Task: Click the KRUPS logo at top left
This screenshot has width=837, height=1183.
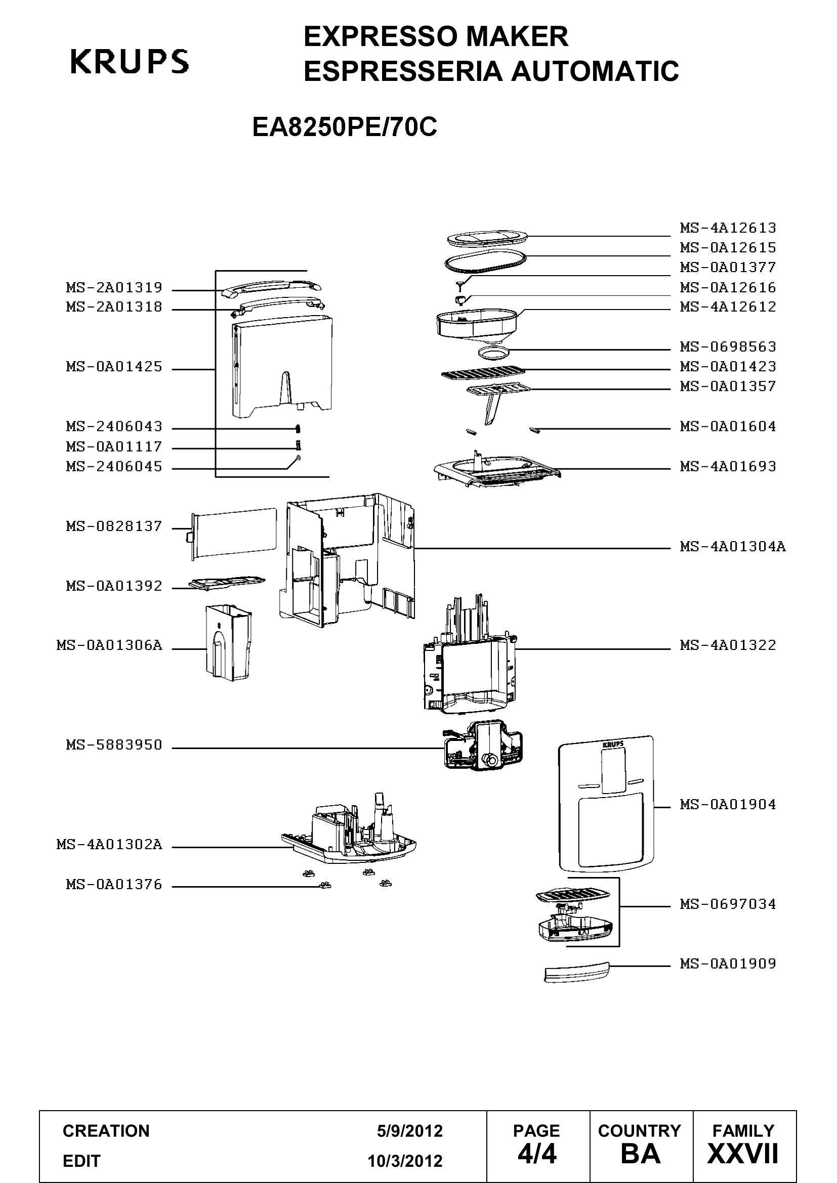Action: pyautogui.click(x=130, y=61)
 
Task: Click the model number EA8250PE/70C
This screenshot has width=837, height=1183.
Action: pyautogui.click(x=344, y=127)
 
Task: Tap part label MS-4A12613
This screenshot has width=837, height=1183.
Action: pyautogui.click(x=727, y=228)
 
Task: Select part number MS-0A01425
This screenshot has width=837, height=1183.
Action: pyautogui.click(x=114, y=367)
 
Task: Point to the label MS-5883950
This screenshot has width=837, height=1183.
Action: pyautogui.click(x=114, y=745)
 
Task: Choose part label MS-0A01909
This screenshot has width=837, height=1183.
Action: pyautogui.click(x=727, y=963)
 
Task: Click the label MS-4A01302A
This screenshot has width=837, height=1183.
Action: pyautogui.click(x=109, y=845)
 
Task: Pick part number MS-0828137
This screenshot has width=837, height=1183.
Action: pyautogui.click(x=114, y=527)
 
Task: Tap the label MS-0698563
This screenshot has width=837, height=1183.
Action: pyautogui.click(x=727, y=347)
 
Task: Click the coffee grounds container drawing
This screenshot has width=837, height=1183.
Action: pyautogui.click(x=228, y=643)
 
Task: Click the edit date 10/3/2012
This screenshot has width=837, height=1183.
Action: pyautogui.click(x=405, y=1161)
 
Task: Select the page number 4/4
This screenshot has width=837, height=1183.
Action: pyautogui.click(x=537, y=1154)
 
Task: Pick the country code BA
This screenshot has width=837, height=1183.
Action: pyautogui.click(x=641, y=1154)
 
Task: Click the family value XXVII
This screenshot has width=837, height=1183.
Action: pyautogui.click(x=743, y=1154)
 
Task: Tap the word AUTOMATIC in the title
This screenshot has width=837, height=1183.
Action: pyautogui.click(x=595, y=71)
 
